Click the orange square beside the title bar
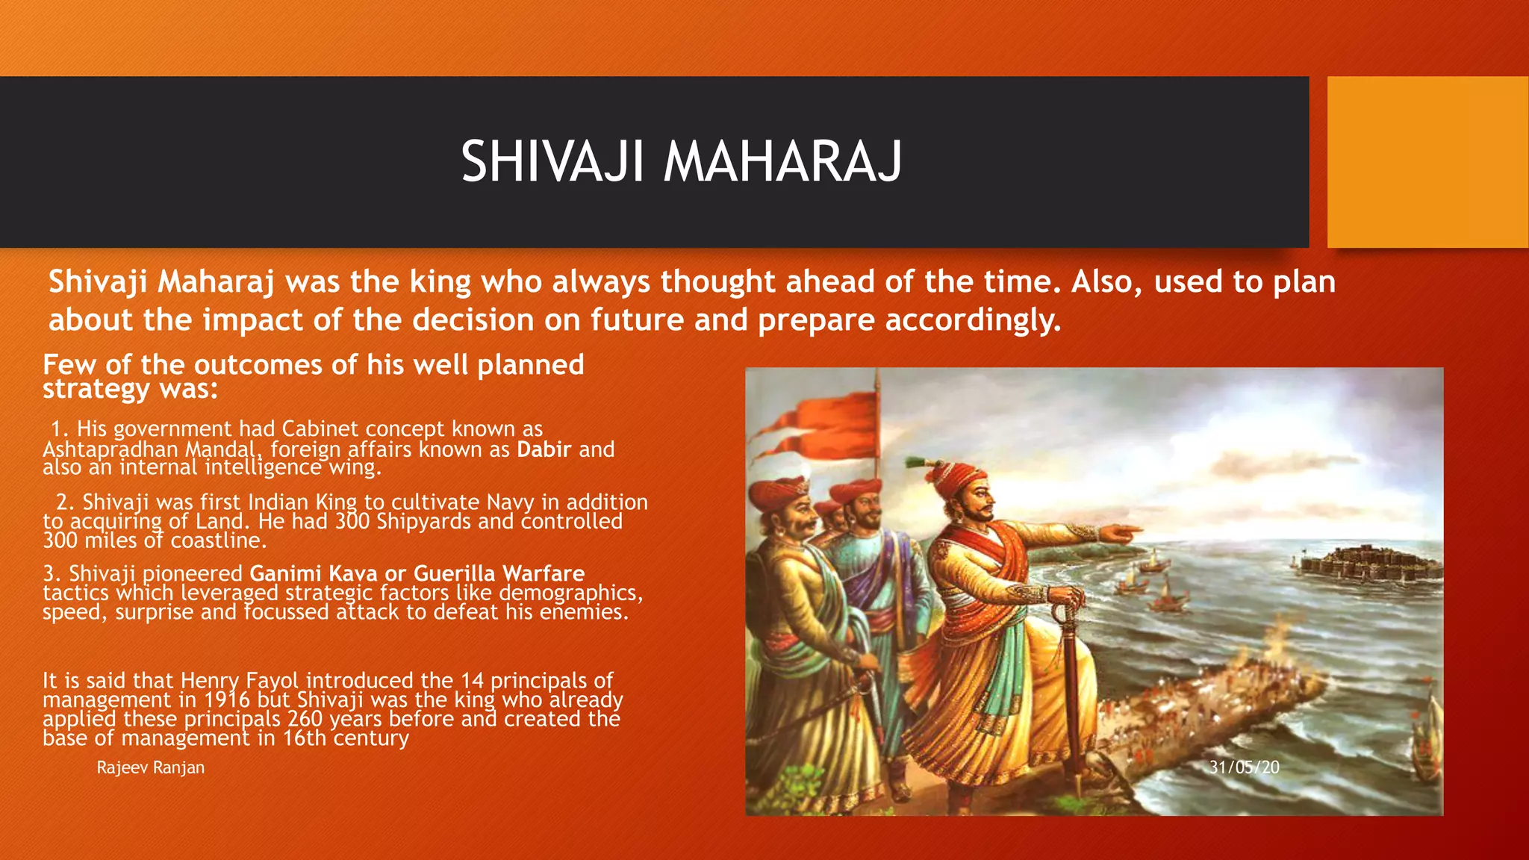pos(1427,162)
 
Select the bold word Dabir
pos(544,449)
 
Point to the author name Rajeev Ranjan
pos(150,767)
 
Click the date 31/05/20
pos(1244,767)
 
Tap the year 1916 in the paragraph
pos(227,699)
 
